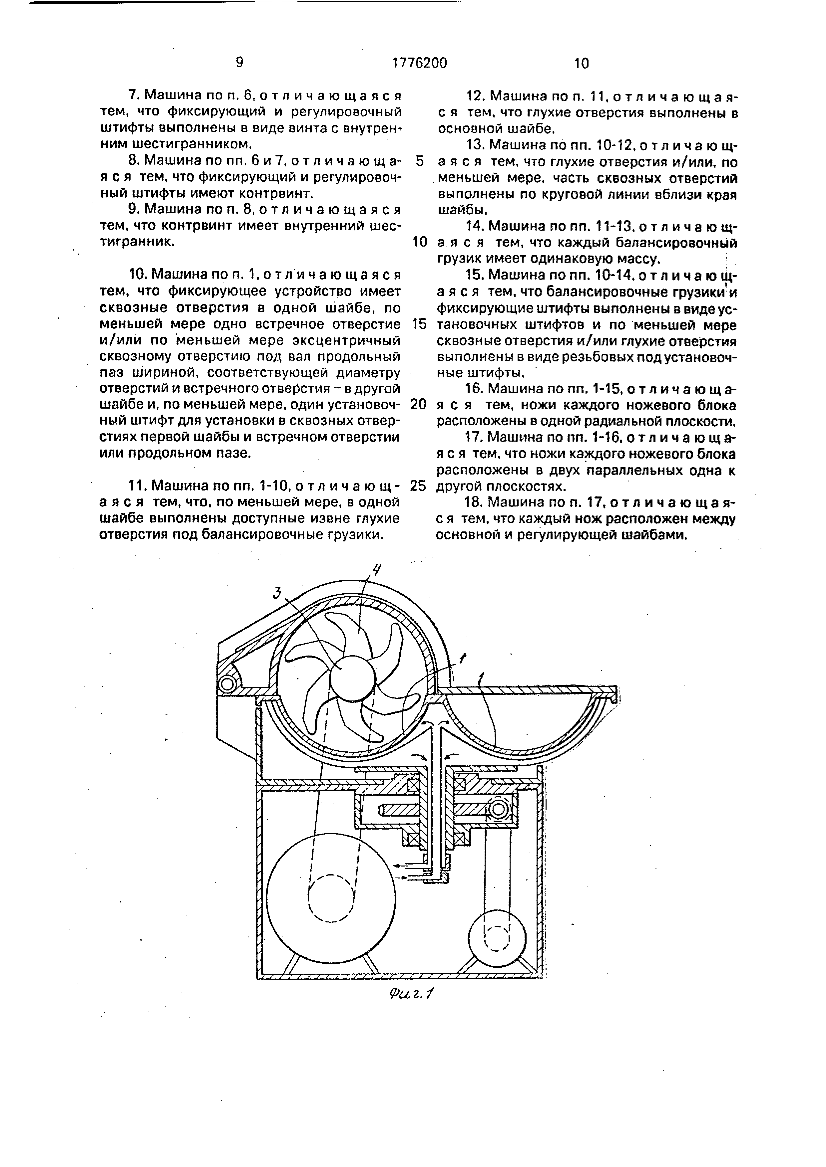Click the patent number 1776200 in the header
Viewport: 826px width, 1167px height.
click(420, 63)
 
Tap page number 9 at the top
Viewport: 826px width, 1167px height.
click(239, 63)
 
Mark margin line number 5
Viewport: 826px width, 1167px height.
click(420, 161)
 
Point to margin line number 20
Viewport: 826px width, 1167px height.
click(418, 405)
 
